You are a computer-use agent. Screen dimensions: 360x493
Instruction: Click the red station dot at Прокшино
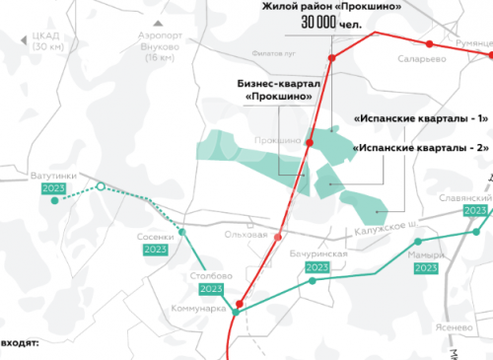pos(309,144)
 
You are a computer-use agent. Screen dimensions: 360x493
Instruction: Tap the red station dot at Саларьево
pos(429,44)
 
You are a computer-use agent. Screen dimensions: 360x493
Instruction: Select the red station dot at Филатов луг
pos(332,57)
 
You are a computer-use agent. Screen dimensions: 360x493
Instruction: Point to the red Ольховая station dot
pos(280,237)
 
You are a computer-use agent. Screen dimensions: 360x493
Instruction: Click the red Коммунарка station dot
pos(240,304)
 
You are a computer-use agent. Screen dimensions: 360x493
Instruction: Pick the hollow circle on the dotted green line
pos(100,186)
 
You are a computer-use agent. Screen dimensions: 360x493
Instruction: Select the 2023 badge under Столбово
pos(211,290)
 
